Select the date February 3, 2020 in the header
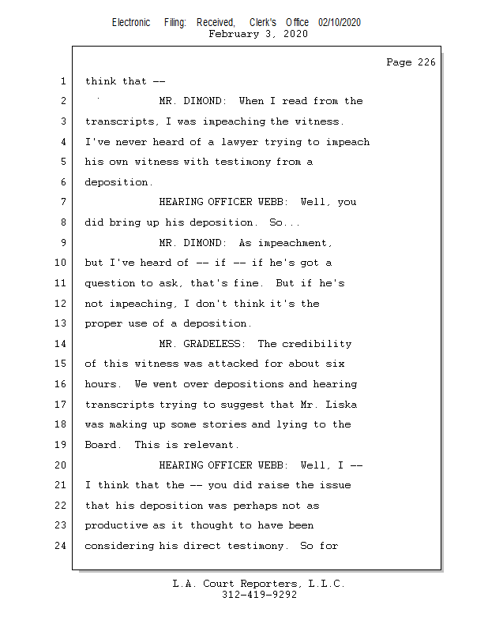click(x=257, y=34)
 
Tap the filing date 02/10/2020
click(x=340, y=23)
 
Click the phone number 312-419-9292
click(x=259, y=595)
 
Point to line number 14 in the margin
click(x=62, y=344)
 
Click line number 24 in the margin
click(x=62, y=546)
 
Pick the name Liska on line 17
click(x=341, y=405)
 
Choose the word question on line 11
click(x=110, y=283)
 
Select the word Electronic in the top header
click(x=131, y=23)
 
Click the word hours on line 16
click(x=100, y=384)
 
